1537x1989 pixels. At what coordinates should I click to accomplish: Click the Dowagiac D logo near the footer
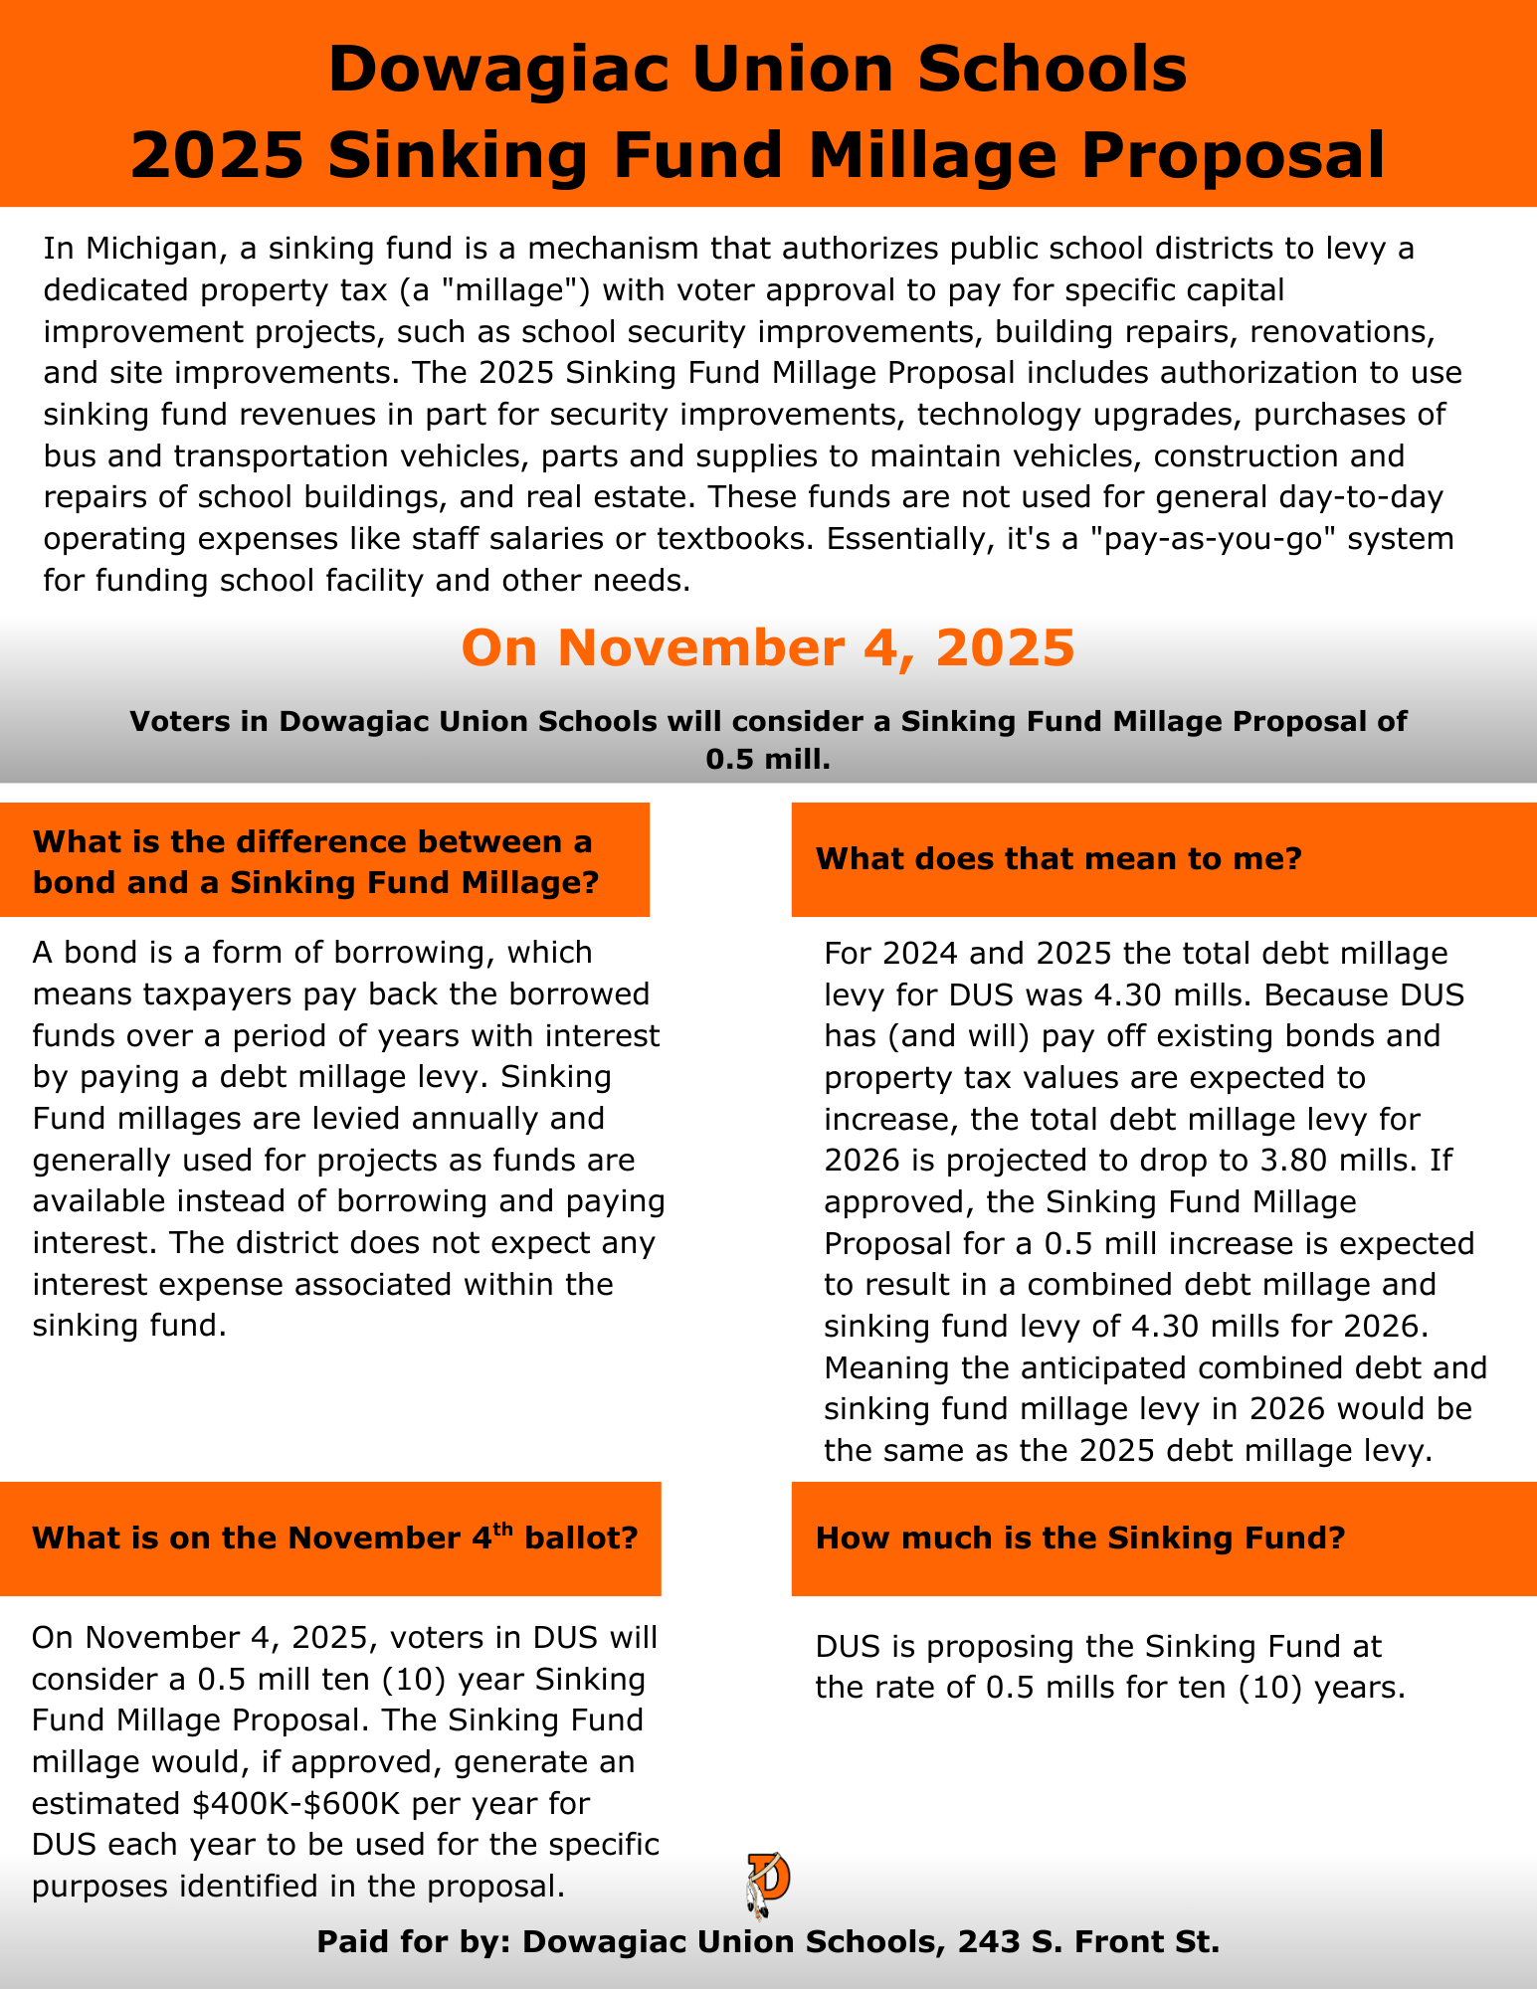tap(768, 1884)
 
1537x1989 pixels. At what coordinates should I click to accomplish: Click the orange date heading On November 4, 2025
tap(768, 647)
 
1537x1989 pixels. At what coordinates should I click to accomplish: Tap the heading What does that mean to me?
tap(1058, 858)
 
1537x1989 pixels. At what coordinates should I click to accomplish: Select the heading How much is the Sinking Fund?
tap(1080, 1537)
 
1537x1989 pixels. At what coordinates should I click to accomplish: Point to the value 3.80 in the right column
tap(1266, 1161)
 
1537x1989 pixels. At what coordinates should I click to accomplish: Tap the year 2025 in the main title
tap(217, 156)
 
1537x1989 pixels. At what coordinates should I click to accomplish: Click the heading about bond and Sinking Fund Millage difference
tap(315, 861)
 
